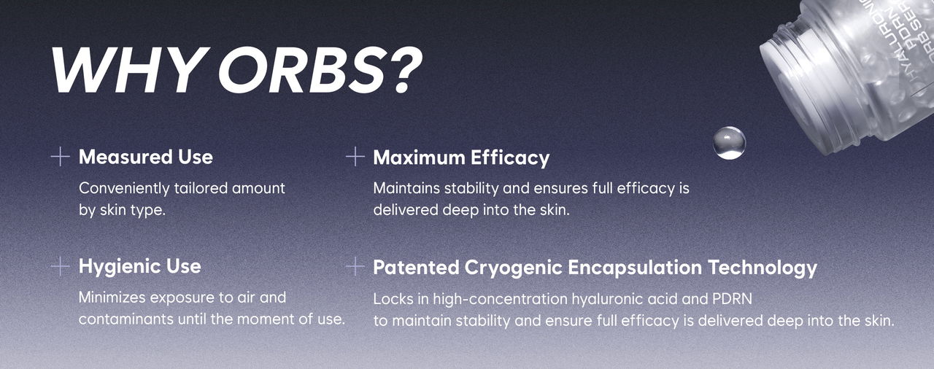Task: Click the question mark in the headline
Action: (x=406, y=69)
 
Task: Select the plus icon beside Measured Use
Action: (x=60, y=157)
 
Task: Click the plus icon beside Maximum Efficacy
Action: (x=355, y=157)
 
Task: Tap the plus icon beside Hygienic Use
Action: (x=60, y=267)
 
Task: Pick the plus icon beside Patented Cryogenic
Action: (x=355, y=267)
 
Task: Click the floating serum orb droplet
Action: (x=729, y=143)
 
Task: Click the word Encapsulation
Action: (x=635, y=268)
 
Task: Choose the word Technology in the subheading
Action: (x=763, y=268)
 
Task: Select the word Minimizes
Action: (x=112, y=298)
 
